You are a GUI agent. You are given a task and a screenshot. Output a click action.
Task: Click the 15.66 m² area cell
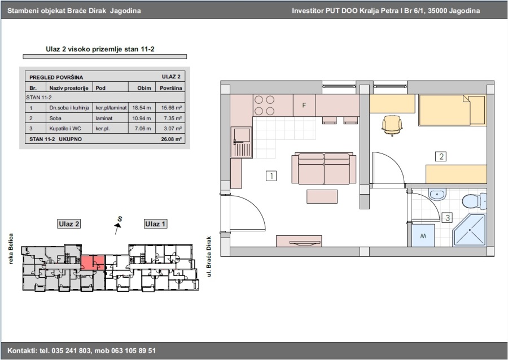(x=171, y=108)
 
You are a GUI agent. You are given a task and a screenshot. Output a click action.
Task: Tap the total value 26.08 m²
(x=171, y=139)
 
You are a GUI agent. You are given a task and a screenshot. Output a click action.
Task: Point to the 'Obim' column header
(x=144, y=88)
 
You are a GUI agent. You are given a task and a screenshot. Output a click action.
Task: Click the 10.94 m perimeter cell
(x=142, y=118)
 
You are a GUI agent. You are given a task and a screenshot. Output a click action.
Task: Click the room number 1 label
(x=271, y=176)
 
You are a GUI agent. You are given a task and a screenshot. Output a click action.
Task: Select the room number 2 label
(x=441, y=157)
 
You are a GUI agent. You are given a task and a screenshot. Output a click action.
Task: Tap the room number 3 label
(x=448, y=218)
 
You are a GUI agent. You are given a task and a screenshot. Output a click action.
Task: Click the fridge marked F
(x=304, y=105)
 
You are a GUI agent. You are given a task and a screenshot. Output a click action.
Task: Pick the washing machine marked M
(x=423, y=235)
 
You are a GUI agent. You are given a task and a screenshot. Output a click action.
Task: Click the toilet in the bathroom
(x=474, y=201)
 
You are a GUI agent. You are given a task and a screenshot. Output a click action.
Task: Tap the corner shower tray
(x=470, y=230)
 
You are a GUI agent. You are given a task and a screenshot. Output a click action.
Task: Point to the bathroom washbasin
(x=437, y=195)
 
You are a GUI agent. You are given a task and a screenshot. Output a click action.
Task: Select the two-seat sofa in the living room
(x=324, y=169)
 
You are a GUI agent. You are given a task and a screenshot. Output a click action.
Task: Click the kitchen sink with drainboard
(x=242, y=142)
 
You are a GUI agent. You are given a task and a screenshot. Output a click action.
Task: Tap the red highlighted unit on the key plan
(x=93, y=262)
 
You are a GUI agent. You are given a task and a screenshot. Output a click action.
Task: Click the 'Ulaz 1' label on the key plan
(x=155, y=223)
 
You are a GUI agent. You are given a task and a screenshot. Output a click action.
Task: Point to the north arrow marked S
(x=119, y=225)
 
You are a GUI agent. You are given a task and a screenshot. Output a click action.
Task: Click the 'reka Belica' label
(x=11, y=249)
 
